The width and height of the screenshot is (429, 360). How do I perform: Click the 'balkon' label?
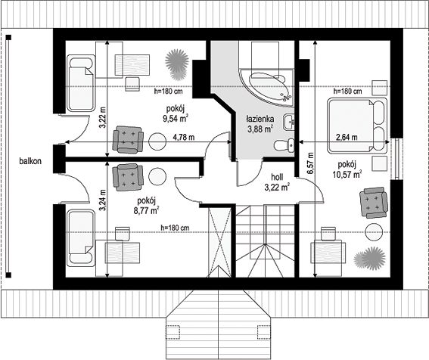click(30, 161)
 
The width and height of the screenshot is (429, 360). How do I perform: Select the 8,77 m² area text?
click(146, 211)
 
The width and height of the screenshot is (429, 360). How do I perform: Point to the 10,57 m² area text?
click(347, 174)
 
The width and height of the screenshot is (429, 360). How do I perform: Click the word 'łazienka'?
click(260, 119)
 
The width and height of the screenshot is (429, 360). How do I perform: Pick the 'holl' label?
click(277, 177)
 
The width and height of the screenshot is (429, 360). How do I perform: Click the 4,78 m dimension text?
click(184, 137)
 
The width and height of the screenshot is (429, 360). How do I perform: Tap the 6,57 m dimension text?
click(310, 163)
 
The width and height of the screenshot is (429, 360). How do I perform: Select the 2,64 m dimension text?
click(347, 137)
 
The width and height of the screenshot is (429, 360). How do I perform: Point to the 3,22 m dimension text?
click(102, 117)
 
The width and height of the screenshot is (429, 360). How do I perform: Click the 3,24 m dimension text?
click(102, 200)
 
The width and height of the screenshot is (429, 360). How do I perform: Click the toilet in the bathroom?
click(284, 145)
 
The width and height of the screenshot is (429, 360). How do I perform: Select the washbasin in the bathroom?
click(289, 122)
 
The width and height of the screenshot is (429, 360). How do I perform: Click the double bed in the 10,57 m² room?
click(357, 126)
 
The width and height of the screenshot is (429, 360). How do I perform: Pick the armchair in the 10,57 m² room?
click(374, 203)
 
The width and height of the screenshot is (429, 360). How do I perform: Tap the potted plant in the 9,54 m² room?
click(177, 64)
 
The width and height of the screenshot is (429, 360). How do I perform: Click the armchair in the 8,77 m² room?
click(128, 177)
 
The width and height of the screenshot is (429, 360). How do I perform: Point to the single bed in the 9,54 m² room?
click(81, 83)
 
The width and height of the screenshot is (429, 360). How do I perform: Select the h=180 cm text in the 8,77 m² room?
click(175, 228)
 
